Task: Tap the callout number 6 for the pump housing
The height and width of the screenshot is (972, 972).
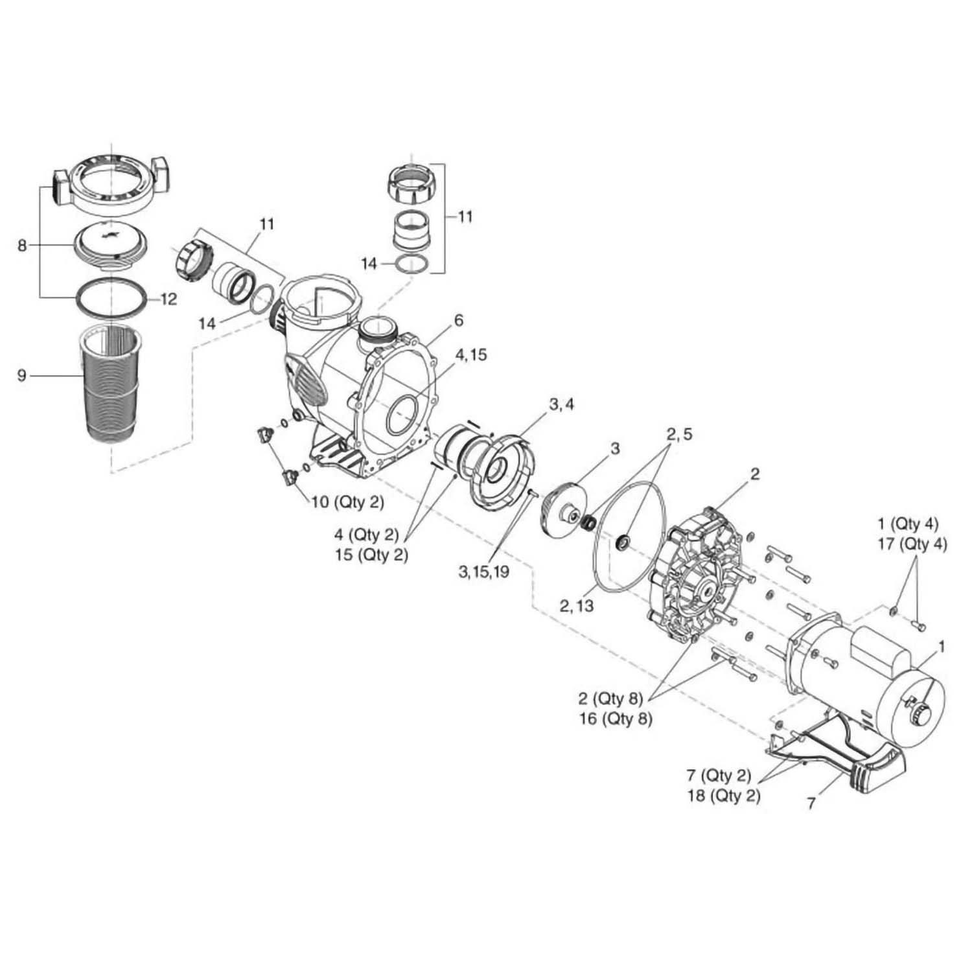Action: pos(459,320)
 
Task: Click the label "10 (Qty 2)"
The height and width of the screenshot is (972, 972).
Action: pos(349,502)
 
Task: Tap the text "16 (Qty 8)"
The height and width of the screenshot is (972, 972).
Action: pos(616,719)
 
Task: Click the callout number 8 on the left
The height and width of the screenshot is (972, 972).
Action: pos(23,246)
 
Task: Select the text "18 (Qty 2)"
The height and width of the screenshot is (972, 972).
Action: pos(724,796)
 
